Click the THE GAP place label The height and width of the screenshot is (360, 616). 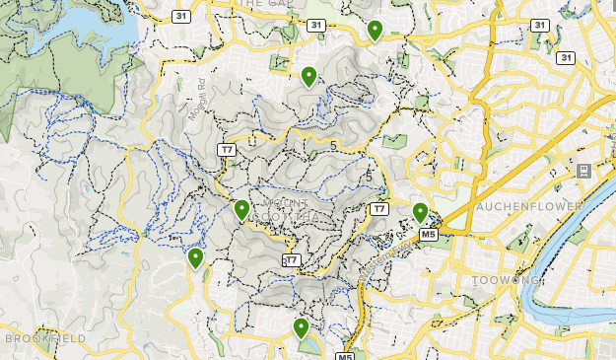point(263,4)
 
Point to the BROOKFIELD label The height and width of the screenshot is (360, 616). point(45,338)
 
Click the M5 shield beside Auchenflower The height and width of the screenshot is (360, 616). point(429,235)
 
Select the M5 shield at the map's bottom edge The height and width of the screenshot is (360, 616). point(345,355)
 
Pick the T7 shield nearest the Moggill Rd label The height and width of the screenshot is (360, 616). point(227,150)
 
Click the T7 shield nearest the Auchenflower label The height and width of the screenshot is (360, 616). point(379,209)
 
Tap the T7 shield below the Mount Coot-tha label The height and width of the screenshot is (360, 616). point(290,260)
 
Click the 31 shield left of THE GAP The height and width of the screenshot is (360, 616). point(180,17)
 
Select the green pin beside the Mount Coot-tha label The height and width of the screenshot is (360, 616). point(241,209)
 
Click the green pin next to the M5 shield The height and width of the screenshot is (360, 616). point(420,212)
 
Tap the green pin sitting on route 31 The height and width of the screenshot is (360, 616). point(375,31)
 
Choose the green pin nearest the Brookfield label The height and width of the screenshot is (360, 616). point(195,258)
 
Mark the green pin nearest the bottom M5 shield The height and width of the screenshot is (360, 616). point(301,328)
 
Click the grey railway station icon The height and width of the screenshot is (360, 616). point(582,172)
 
